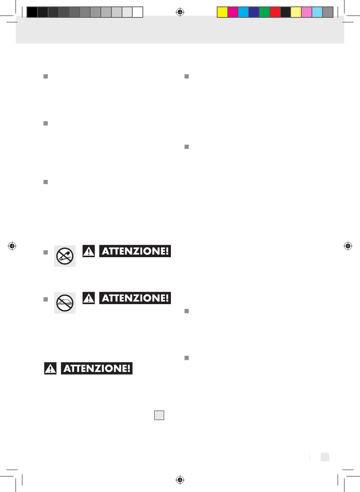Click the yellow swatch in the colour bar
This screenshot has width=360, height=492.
[222, 12]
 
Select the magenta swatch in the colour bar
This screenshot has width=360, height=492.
[233, 12]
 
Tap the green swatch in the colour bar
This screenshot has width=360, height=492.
[265, 12]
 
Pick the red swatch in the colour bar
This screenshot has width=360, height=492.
[275, 12]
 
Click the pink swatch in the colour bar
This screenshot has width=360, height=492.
[307, 12]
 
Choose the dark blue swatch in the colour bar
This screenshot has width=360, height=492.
[254, 12]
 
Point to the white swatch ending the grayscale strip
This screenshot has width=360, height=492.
[138, 12]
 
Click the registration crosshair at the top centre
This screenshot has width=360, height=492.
[180, 12]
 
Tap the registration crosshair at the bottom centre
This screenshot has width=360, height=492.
[180, 480]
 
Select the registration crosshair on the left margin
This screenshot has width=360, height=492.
[12, 246]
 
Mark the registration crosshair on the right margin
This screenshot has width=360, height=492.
[348, 246]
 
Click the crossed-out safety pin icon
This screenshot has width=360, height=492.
[64, 256]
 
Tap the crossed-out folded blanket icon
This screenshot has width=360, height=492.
[64, 303]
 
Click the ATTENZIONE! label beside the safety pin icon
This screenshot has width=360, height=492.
[135, 251]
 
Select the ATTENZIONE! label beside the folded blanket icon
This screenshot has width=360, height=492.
[135, 298]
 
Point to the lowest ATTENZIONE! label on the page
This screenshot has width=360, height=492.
[97, 369]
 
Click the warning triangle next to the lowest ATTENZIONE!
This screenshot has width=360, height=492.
[50, 369]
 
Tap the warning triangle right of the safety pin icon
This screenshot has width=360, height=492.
[89, 251]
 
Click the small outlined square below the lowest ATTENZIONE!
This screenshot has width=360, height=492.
[159, 415]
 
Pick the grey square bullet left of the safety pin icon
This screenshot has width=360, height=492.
[45, 252]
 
